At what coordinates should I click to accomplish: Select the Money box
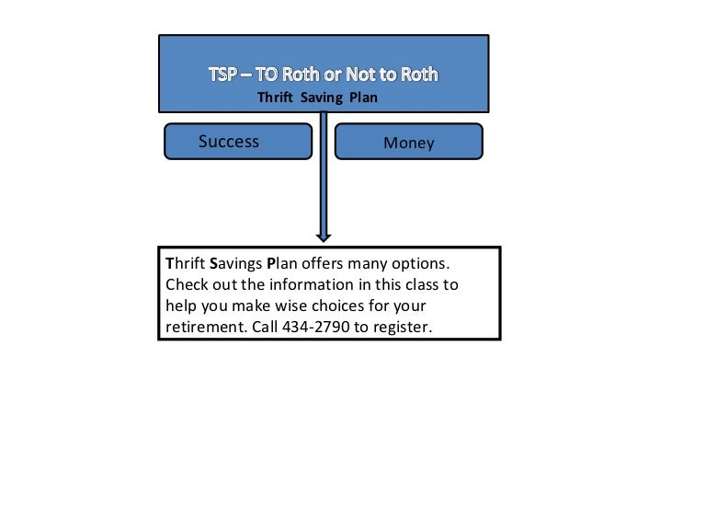click(408, 143)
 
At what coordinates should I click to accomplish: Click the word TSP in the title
click(223, 75)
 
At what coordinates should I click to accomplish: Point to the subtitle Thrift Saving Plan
click(317, 98)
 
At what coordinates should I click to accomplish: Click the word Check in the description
click(188, 284)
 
